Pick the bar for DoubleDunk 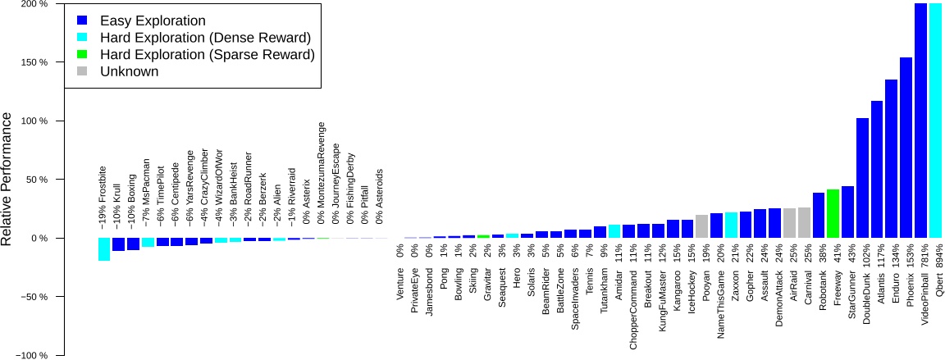(862, 178)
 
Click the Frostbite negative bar (104, 249)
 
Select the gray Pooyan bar (701, 226)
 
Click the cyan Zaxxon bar (731, 226)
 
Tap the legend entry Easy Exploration (141, 19)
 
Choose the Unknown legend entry (129, 71)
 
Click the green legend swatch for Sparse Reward (82, 54)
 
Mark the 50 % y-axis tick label (37, 180)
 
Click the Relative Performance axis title (7, 180)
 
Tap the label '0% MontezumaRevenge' (322, 173)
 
